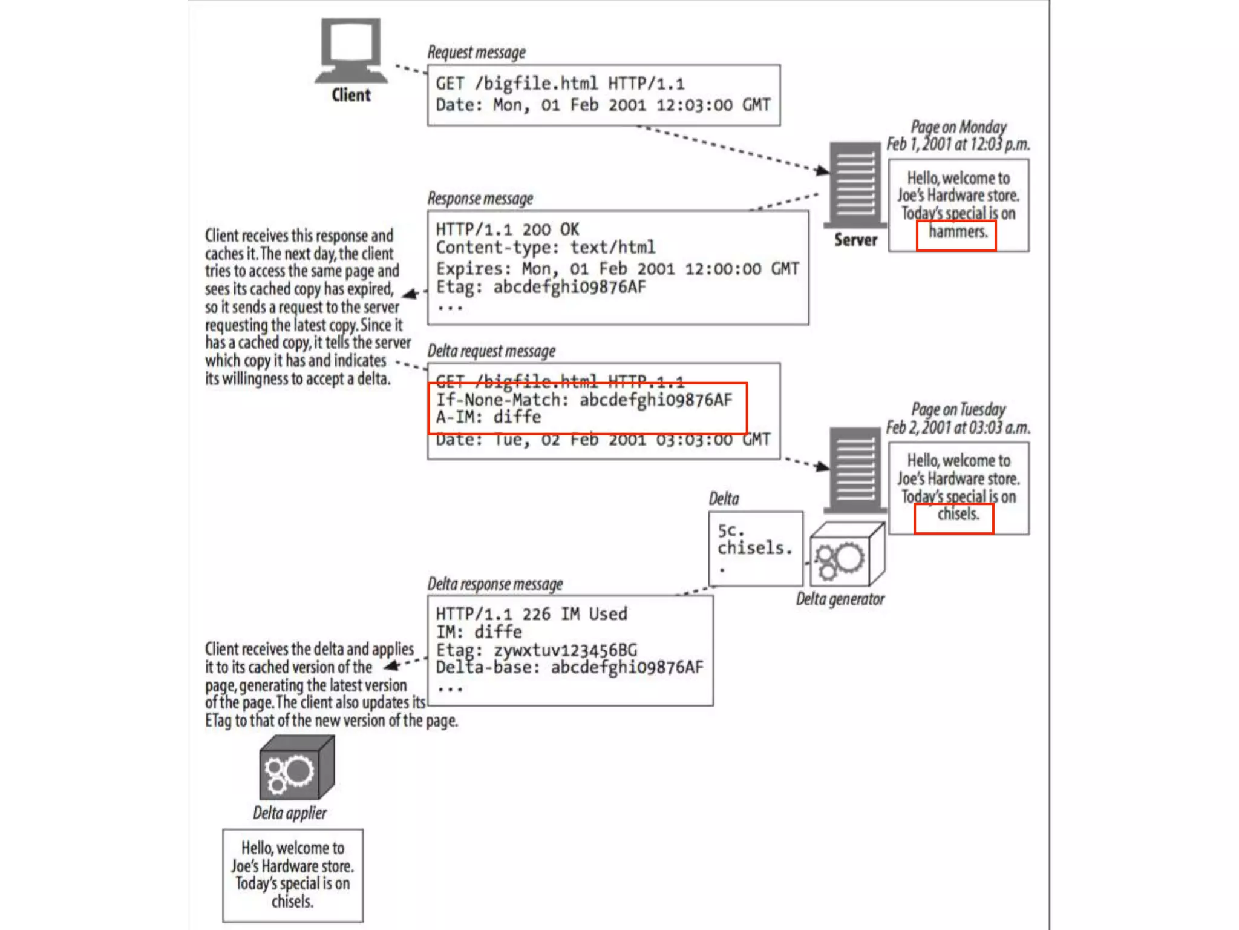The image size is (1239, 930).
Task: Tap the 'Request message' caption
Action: (477, 53)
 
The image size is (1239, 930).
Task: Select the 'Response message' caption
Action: (480, 199)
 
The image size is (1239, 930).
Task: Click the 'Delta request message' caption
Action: (491, 351)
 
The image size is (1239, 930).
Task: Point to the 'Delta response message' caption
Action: (495, 584)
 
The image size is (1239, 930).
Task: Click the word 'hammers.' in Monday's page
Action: (958, 232)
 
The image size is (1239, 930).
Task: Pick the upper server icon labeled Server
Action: (855, 184)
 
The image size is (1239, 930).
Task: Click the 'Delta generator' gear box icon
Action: (846, 555)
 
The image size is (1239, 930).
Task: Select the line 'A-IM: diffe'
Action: (489, 418)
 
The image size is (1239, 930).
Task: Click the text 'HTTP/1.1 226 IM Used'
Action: (531, 614)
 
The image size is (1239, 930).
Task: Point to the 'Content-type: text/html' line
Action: (545, 248)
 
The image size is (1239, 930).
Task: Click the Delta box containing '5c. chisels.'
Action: (755, 548)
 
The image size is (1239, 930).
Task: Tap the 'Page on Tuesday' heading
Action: (958, 409)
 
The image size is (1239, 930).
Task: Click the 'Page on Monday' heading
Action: (958, 127)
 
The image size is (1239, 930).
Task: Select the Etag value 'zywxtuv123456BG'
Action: (565, 650)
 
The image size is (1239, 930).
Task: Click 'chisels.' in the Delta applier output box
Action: (292, 902)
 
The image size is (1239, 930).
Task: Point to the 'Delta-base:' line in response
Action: (569, 668)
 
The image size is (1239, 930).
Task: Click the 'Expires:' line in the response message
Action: (617, 269)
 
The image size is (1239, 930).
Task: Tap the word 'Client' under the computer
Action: (351, 96)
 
